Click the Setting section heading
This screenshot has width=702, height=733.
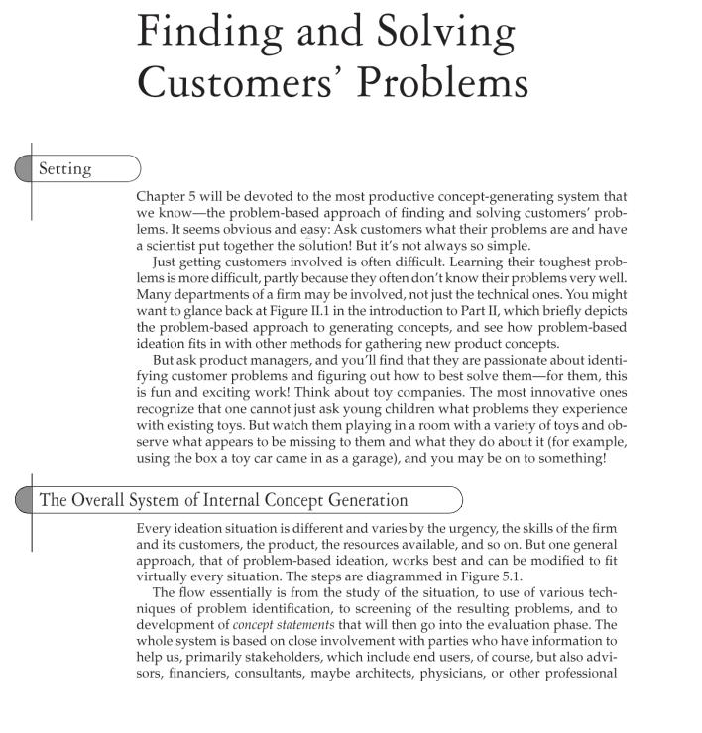64,169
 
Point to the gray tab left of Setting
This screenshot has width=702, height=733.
24,169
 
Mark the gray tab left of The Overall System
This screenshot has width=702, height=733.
24,499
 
